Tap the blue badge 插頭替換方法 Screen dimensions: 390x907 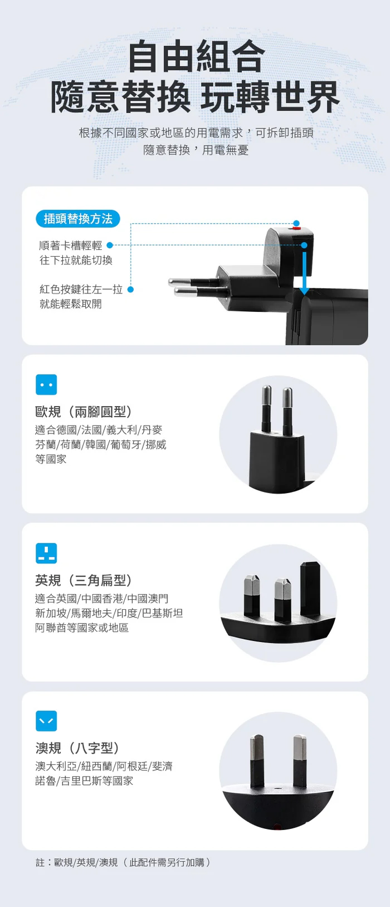pos(78,219)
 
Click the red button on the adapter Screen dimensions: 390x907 pos(296,229)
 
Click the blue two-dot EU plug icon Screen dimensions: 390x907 pos(46,385)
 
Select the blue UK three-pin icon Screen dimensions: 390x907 pos(46,553)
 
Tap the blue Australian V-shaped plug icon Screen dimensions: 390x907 pos(46,721)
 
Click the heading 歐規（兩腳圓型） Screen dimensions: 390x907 pos(84,412)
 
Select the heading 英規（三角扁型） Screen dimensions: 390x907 pos(84,580)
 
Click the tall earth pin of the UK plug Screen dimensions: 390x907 pos(310,587)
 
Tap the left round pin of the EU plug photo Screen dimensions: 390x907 pos(266,408)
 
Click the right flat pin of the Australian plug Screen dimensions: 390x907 pos(300,761)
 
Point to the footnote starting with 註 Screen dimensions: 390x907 pos(123,862)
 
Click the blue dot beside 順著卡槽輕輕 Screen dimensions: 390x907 pos(109,245)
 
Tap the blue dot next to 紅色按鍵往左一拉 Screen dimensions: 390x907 pos(130,290)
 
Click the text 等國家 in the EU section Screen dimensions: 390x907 pos(51,459)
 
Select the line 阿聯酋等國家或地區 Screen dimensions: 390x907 pos(82,628)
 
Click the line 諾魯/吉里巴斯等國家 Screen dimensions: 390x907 pos(84,781)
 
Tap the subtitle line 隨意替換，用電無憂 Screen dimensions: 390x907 pos(196,150)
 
